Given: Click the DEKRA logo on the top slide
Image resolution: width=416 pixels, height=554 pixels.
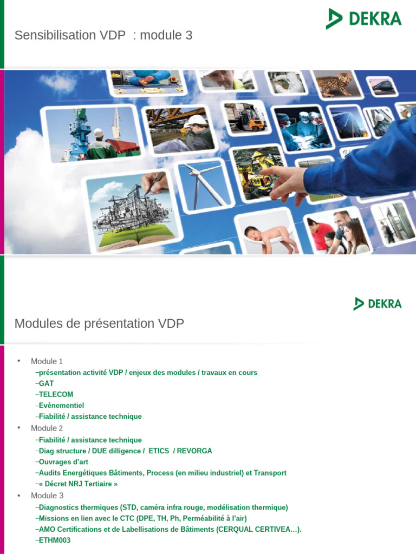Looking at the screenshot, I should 363,18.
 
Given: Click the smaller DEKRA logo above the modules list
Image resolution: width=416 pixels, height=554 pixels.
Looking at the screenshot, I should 378,304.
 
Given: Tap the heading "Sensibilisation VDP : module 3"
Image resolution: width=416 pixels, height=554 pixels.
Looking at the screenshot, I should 103,36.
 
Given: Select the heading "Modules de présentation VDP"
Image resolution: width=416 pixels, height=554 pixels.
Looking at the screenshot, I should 99,324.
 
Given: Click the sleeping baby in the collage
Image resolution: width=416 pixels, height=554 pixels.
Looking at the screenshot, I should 269,238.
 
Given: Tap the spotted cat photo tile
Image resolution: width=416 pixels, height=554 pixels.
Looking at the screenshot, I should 334,84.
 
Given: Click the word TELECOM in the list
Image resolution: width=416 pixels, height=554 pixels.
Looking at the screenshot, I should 56,394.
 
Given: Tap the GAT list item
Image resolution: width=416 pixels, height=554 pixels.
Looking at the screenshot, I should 46,384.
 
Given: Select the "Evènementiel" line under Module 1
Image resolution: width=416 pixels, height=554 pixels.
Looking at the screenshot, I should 61,405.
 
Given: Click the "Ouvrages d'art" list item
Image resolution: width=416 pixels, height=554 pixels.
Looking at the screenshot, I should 63,462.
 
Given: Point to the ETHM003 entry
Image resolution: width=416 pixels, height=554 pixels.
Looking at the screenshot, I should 55,540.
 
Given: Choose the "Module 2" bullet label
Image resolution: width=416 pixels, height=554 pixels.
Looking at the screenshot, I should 47,428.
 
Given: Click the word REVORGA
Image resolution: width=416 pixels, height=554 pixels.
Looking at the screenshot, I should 194,451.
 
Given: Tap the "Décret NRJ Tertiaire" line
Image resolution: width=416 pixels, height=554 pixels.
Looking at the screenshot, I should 78,484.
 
